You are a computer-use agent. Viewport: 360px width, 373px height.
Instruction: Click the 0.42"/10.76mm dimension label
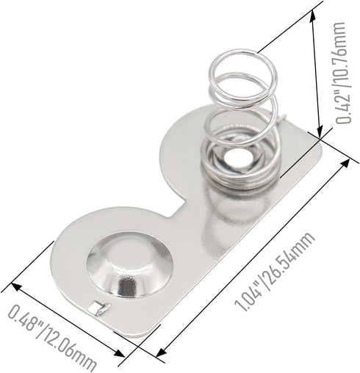[x=342, y=73]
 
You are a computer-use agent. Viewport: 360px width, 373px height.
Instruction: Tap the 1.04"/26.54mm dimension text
[x=274, y=271]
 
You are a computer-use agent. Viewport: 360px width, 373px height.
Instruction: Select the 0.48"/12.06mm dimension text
[x=51, y=338]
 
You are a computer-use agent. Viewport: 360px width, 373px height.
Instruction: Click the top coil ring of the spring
[x=243, y=76]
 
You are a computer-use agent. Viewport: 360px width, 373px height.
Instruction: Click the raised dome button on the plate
[x=130, y=264]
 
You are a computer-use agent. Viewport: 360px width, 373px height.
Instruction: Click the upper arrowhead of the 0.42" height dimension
[x=313, y=17]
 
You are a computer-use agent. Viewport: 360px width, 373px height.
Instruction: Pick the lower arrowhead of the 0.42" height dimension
[x=320, y=133]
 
